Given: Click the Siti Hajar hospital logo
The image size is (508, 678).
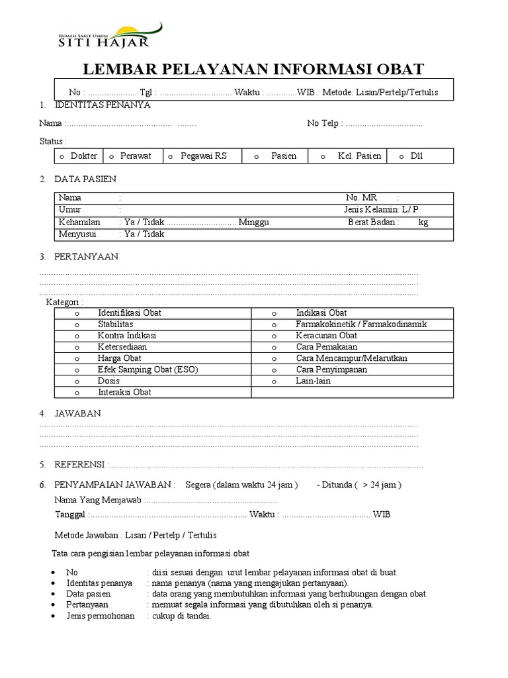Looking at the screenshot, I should click(x=106, y=36).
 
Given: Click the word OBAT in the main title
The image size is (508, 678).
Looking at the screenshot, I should click(x=399, y=69).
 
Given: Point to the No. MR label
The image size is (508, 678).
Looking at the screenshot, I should click(x=360, y=197).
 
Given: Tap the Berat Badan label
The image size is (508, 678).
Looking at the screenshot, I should click(x=373, y=222).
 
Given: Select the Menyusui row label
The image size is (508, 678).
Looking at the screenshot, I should click(x=79, y=234).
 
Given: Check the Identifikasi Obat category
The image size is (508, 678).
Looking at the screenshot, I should click(x=129, y=313).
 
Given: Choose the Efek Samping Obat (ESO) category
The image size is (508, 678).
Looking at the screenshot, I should click(x=148, y=369).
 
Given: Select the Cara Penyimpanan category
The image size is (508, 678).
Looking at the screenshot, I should click(x=331, y=369).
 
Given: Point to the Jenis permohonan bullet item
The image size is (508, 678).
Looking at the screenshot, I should click(x=101, y=616).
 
